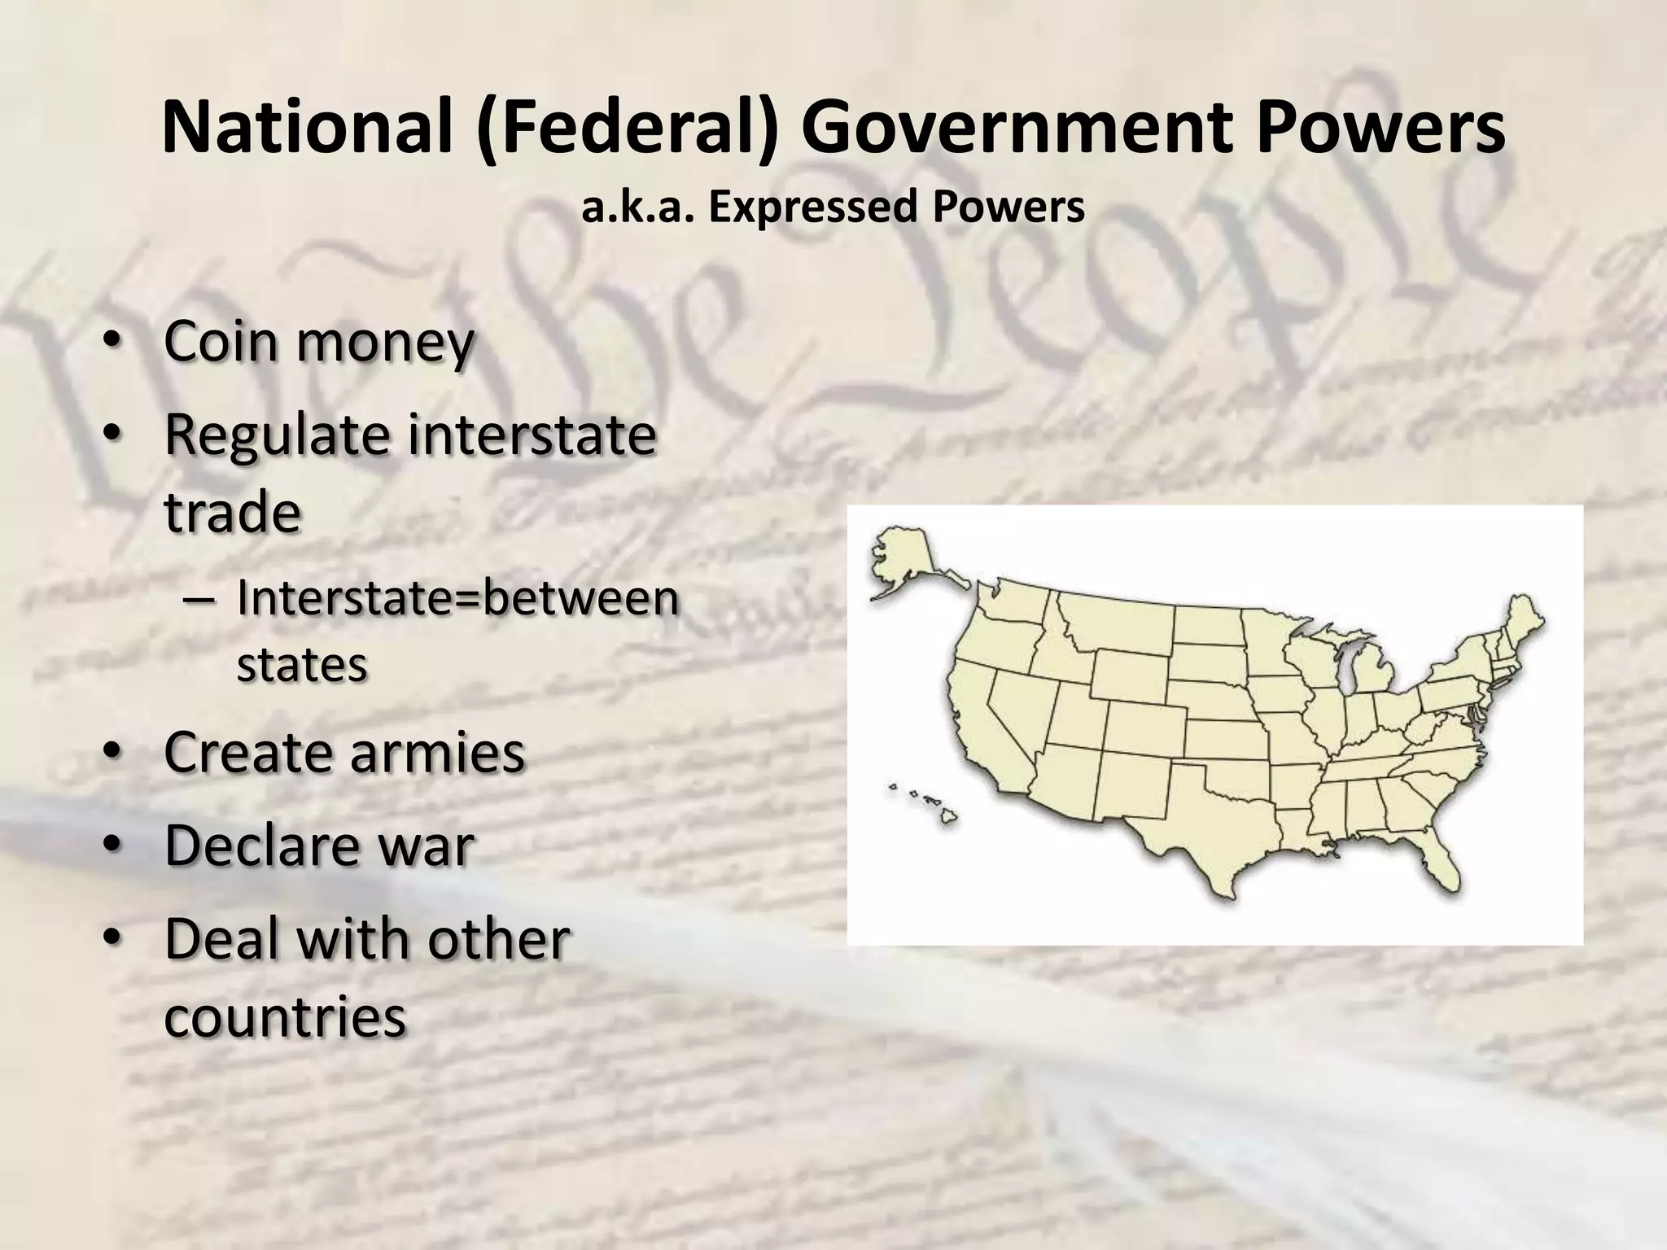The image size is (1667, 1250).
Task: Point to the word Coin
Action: point(220,342)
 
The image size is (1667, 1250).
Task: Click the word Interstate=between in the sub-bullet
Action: point(457,599)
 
